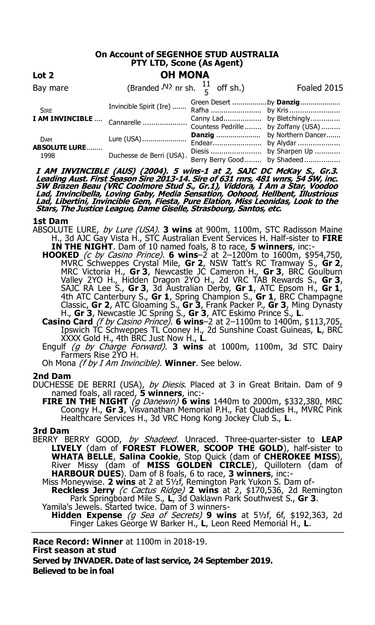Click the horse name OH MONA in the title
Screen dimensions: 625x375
(x=185, y=75)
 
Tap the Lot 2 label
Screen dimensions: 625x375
(x=43, y=75)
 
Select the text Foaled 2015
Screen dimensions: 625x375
(x=320, y=88)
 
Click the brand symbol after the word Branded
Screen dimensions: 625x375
(x=167, y=87)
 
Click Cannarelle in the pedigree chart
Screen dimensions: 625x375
(x=125, y=122)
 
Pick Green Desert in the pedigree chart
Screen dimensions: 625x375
(x=210, y=102)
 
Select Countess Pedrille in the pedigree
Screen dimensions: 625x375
(x=217, y=126)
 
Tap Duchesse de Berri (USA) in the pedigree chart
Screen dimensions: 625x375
(x=146, y=155)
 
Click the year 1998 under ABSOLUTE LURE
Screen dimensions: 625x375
(x=48, y=155)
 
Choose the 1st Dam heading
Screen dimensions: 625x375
(x=50, y=221)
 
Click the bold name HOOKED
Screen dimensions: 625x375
(x=61, y=255)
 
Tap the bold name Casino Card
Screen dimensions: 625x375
(x=67, y=321)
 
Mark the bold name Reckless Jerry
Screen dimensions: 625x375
(x=83, y=490)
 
